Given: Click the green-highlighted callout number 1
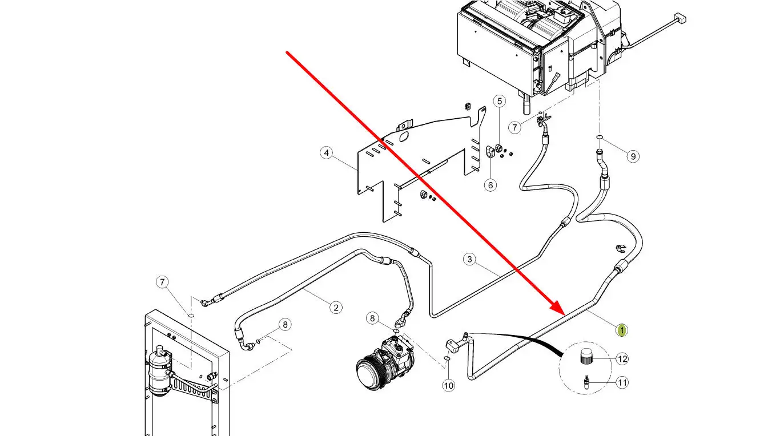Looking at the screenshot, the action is [622, 330].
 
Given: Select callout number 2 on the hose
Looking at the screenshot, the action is [336, 308].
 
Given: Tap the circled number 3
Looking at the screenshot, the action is [470, 259].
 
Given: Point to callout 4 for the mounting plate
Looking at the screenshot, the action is [326, 153].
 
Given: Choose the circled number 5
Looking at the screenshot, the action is [500, 101].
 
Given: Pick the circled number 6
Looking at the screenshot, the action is [490, 185].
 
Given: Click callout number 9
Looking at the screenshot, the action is [633, 156].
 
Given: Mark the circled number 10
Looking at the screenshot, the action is [448, 386].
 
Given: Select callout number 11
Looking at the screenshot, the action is [622, 383].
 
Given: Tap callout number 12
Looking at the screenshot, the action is [622, 359].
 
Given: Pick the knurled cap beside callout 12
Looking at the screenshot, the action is [586, 357].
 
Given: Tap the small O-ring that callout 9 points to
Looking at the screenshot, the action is [600, 137].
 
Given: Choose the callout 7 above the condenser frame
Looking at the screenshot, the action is [162, 282].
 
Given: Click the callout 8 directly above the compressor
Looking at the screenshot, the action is [372, 318].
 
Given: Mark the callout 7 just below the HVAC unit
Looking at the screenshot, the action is [514, 127].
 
